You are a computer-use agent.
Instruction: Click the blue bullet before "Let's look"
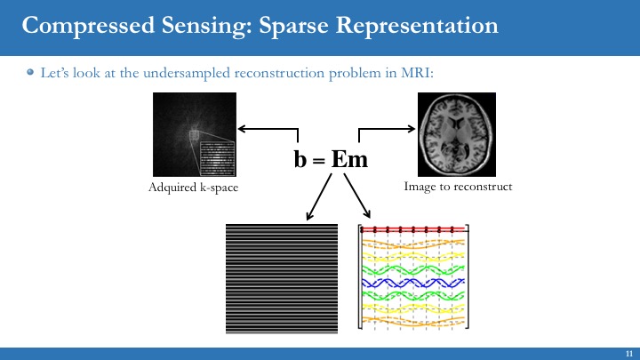(30, 73)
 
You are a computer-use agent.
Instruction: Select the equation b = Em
(331, 159)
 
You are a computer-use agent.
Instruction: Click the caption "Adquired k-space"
(193, 188)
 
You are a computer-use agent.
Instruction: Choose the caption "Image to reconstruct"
(458, 188)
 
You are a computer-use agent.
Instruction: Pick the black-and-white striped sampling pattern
(283, 278)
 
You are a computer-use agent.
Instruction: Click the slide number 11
(628, 353)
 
